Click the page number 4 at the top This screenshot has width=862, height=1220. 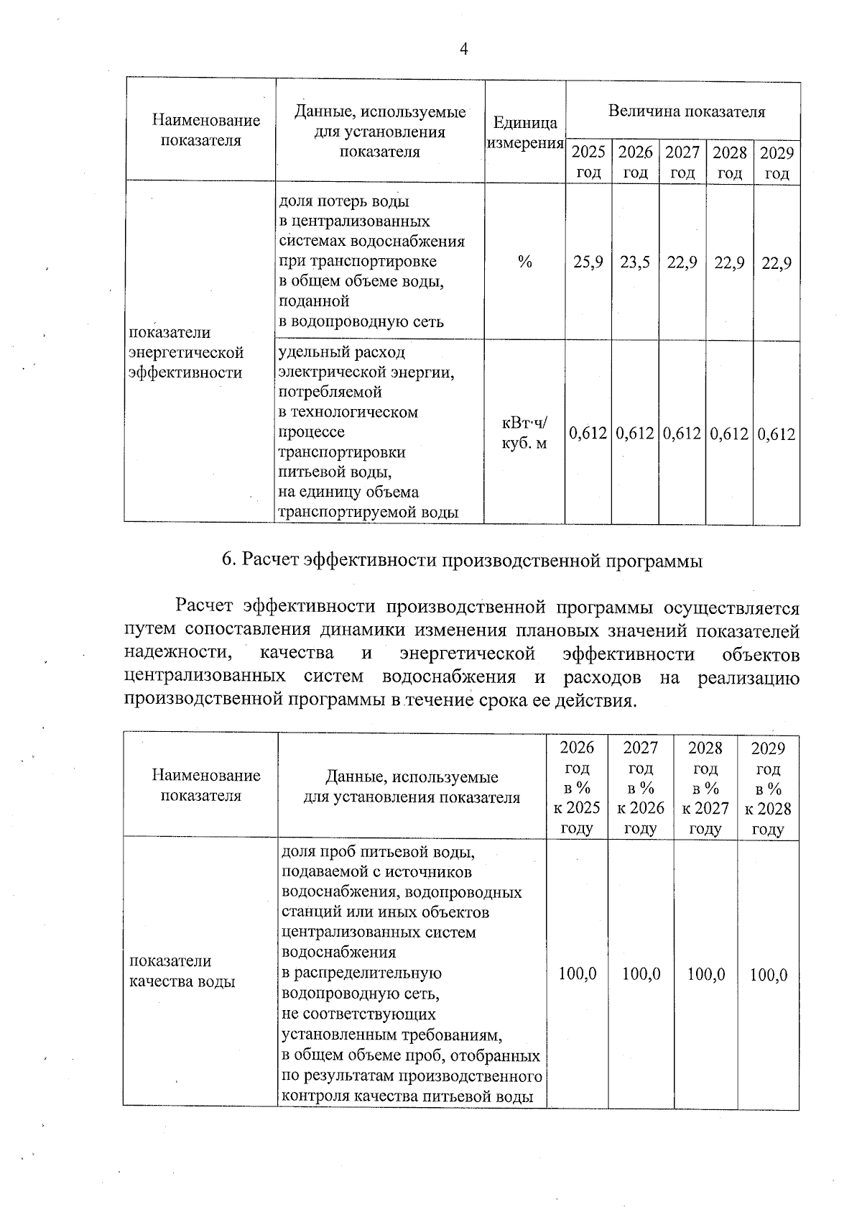click(x=464, y=49)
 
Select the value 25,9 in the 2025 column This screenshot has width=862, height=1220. click(x=588, y=262)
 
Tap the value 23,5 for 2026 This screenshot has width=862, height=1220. click(x=635, y=262)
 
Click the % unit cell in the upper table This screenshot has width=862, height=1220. click(x=525, y=262)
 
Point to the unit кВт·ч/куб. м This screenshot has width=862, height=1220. click(x=524, y=433)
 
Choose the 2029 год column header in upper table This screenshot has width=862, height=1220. click(x=777, y=162)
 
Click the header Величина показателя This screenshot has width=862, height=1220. click(x=687, y=111)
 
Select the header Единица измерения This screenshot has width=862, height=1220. click(x=525, y=133)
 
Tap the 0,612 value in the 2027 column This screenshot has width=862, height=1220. click(x=682, y=434)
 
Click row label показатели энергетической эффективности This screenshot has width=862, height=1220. click(x=186, y=352)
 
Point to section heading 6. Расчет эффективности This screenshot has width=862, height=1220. click(x=462, y=561)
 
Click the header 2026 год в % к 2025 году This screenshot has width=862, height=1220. click(x=577, y=788)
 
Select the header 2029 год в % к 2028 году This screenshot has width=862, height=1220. click(x=768, y=788)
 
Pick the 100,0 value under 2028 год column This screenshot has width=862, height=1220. click(x=705, y=975)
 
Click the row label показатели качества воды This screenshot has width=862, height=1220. click(x=182, y=971)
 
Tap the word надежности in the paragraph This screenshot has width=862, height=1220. click(x=177, y=654)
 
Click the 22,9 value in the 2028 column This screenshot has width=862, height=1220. click(x=729, y=262)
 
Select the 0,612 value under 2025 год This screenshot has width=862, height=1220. click(x=588, y=434)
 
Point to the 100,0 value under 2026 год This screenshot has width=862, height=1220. click(x=578, y=975)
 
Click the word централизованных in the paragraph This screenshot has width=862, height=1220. click(x=204, y=677)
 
